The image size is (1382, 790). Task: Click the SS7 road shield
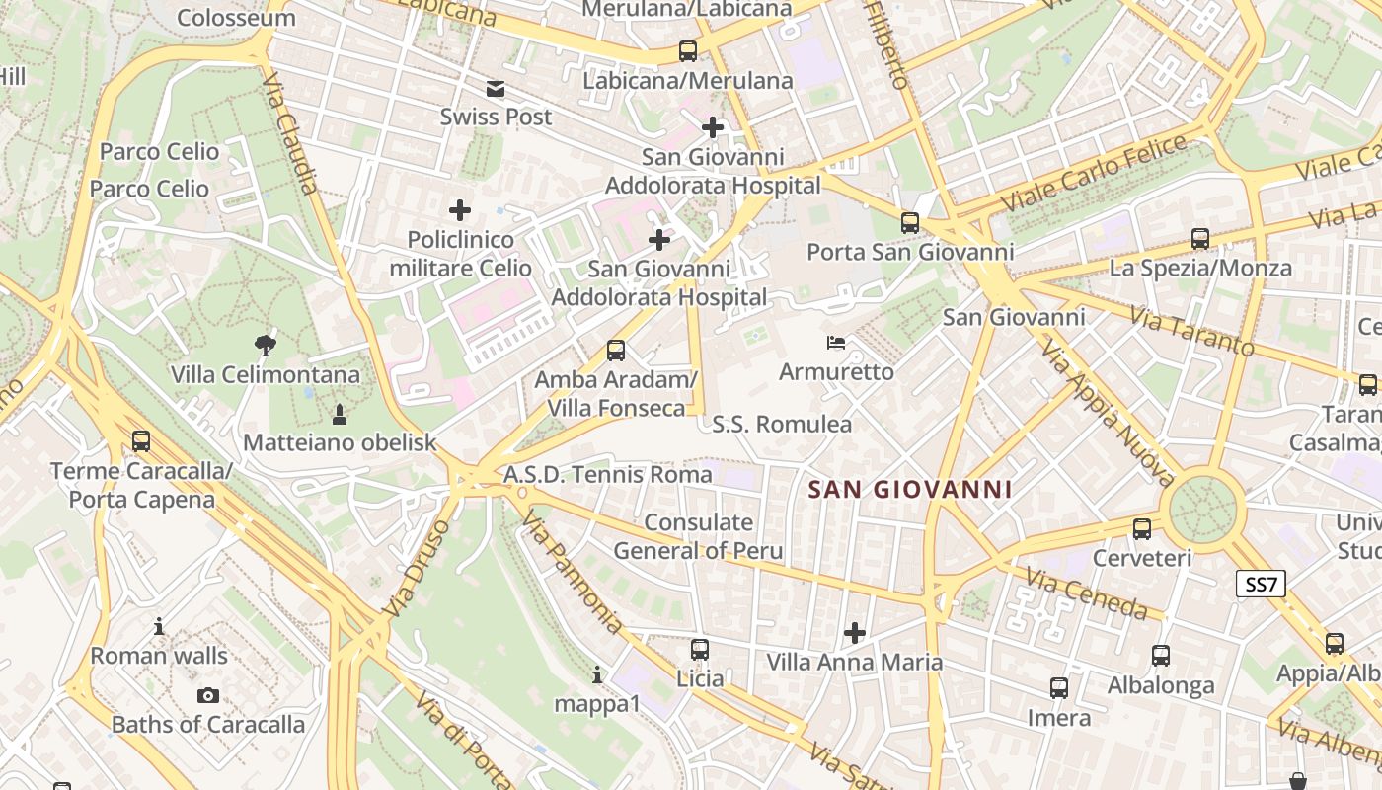point(1261,584)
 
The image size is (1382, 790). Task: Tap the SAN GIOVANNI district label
point(910,489)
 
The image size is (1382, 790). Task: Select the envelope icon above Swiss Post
point(496,90)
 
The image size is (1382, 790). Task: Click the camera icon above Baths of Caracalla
point(207,695)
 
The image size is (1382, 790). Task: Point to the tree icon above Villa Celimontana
point(265,345)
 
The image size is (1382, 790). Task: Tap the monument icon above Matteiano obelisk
point(340,413)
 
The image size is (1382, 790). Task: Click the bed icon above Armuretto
point(836,343)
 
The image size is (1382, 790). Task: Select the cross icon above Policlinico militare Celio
point(460,209)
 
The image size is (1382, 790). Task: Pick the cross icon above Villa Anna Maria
point(855,632)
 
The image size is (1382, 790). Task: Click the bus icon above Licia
point(700,649)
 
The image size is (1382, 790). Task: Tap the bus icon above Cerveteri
point(1142,528)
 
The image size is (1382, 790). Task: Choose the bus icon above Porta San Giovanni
point(910,222)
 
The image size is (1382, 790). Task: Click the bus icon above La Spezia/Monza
point(1200,238)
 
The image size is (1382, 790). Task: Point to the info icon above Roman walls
point(159,626)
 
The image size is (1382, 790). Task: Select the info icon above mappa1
point(597,675)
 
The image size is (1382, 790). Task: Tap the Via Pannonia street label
point(573,573)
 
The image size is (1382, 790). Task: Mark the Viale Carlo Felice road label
point(1095,173)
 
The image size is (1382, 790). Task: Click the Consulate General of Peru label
point(698,536)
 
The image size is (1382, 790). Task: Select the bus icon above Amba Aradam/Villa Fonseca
point(616,350)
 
